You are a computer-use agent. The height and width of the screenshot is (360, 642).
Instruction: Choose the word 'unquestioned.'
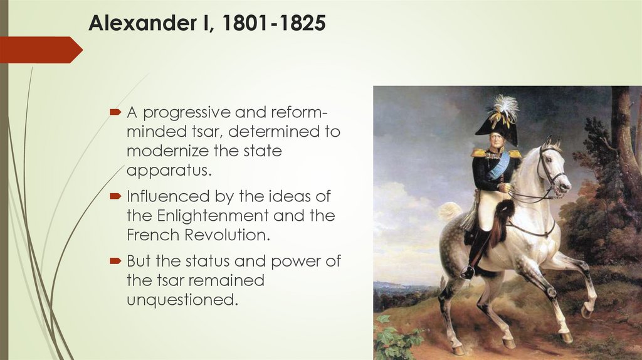182,300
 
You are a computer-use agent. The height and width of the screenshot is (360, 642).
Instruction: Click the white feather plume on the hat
505,107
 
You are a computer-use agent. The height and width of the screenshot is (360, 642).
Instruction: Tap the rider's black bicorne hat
497,128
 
